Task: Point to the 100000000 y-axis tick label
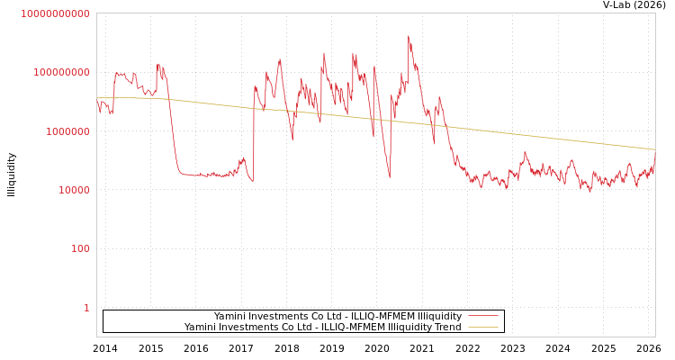tap(55, 72)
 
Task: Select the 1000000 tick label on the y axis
tap(60, 131)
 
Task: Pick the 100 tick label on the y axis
tap(80, 248)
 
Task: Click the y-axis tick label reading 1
tap(86, 308)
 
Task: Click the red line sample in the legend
tap(483, 317)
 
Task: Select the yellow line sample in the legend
tap(483, 328)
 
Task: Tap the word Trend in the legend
tap(446, 328)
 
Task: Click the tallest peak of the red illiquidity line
tap(408, 36)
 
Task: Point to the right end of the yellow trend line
tap(655, 149)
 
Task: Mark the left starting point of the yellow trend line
tap(97, 98)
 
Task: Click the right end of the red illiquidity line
tap(655, 152)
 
